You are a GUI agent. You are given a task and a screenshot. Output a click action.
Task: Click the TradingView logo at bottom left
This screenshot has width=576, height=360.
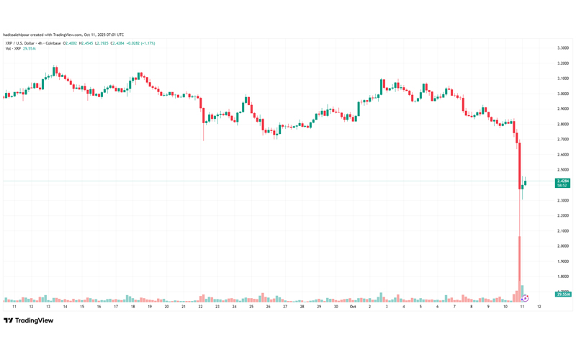point(28,320)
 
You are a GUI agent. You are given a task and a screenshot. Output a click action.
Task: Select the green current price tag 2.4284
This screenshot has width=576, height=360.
point(562,181)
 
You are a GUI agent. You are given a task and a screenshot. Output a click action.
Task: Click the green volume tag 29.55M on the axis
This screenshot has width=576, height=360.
point(562,294)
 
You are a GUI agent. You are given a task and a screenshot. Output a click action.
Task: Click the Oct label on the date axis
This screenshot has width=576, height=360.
point(353,306)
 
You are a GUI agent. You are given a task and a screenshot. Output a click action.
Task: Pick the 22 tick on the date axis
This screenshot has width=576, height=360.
point(201,306)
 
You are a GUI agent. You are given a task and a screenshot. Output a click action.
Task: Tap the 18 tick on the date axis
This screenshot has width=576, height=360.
point(132,306)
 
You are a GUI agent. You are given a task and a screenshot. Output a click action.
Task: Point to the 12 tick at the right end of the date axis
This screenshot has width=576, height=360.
point(539,306)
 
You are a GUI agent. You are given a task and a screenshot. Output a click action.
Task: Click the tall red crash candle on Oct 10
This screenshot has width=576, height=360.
point(518,166)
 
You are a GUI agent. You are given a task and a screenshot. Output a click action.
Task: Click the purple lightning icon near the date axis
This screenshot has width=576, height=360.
point(526,298)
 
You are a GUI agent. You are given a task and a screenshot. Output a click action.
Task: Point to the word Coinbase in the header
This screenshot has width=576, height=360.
point(53,43)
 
